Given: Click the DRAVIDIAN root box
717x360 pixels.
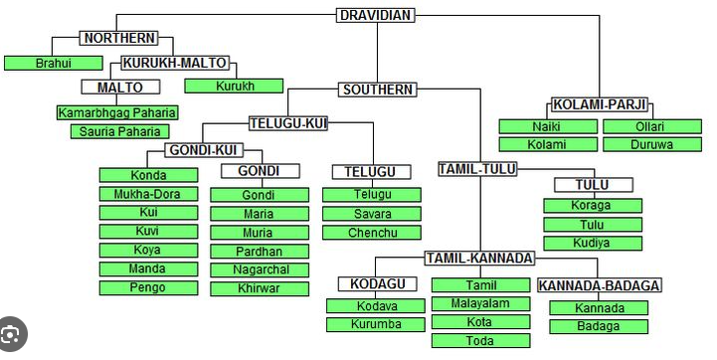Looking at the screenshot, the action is [376, 15].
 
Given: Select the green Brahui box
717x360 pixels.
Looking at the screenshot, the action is [54, 63].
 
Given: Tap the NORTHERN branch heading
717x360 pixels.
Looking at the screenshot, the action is [119, 38].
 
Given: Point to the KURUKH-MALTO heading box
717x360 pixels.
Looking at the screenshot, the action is [175, 63].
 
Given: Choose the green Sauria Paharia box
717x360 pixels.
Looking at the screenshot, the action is [119, 131].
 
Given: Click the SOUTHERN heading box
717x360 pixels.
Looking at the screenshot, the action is [378, 90].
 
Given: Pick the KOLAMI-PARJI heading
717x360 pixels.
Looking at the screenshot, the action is [600, 104].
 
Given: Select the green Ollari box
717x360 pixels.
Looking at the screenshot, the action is [652, 126].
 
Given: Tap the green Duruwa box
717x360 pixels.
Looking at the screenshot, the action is [652, 144].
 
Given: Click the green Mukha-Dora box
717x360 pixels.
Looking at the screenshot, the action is [148, 194].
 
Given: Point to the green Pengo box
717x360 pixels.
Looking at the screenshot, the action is [148, 287].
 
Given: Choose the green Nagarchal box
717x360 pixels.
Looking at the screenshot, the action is [260, 270].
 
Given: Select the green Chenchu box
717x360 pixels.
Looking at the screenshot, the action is [372, 233].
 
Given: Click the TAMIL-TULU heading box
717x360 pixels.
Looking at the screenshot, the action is [477, 169].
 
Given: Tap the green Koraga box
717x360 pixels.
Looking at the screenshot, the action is [593, 206].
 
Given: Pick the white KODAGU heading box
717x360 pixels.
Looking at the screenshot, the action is [378, 283].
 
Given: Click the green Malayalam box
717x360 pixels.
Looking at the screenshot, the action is [481, 303].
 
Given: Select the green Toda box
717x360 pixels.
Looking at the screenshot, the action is [481, 340].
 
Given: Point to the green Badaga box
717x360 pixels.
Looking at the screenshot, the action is [599, 326].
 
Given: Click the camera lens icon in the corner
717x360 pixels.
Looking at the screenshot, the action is [10, 334].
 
